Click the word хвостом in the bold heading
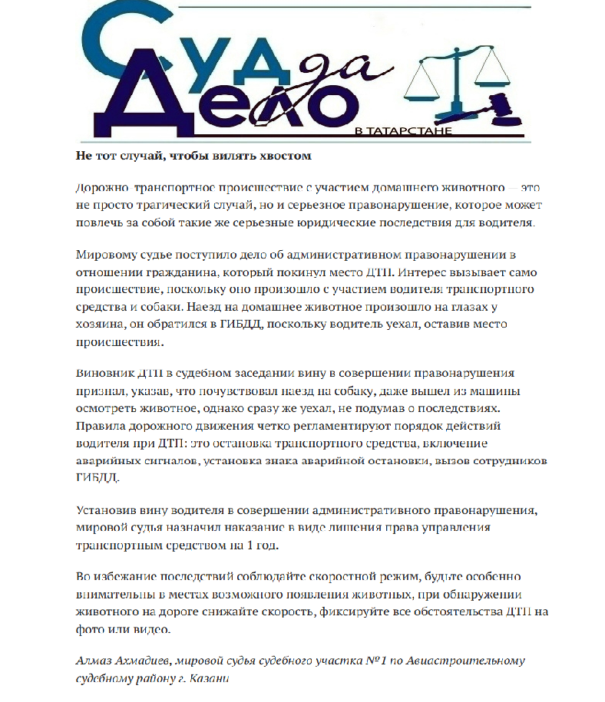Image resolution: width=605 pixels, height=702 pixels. tap(285, 155)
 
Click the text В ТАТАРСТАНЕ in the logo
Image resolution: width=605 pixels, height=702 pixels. tap(402, 131)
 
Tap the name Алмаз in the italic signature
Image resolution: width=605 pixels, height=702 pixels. tap(94, 661)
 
